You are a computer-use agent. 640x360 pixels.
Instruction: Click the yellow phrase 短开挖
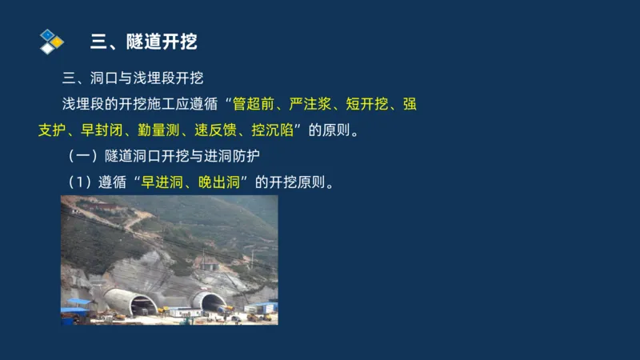(x=367, y=105)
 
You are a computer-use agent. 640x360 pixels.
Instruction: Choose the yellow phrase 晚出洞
(x=215, y=182)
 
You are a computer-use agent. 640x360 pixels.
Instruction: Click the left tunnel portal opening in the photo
(x=142, y=305)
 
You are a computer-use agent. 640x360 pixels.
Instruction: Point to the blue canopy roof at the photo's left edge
(x=78, y=303)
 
